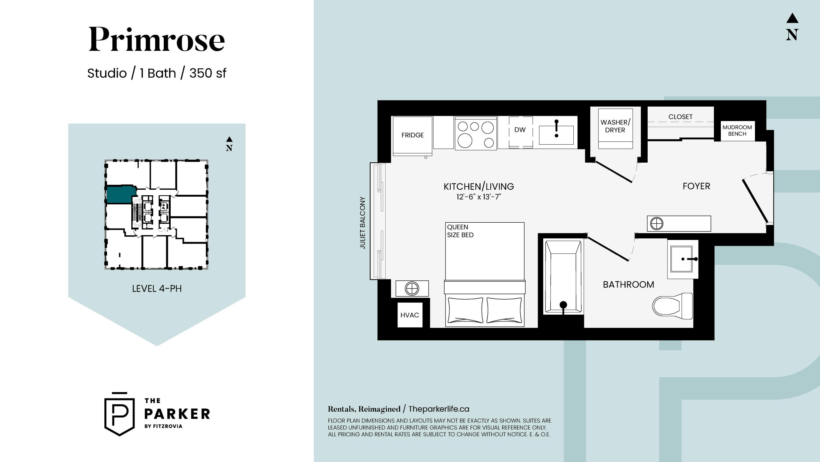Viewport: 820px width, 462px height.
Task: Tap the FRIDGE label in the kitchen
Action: click(413, 135)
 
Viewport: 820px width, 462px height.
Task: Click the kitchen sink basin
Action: click(556, 135)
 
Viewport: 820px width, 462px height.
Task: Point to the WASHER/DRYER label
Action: click(615, 126)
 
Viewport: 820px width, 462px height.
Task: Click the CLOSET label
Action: click(680, 117)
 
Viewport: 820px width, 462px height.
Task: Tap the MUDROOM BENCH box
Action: click(737, 131)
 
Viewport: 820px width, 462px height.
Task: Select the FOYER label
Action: click(696, 186)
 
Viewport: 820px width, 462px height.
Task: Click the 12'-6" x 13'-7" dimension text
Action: click(479, 197)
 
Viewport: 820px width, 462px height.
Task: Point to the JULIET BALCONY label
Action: click(363, 223)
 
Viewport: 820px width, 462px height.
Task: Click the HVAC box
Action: click(410, 315)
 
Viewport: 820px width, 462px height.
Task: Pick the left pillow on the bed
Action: click(465, 310)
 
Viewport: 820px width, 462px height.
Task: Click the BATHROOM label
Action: click(628, 285)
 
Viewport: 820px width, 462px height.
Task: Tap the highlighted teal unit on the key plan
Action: click(120, 194)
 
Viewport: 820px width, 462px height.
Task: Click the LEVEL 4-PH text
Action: click(157, 289)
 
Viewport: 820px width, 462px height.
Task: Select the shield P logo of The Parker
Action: click(119, 414)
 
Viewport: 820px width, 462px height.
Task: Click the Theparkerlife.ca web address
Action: click(439, 409)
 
